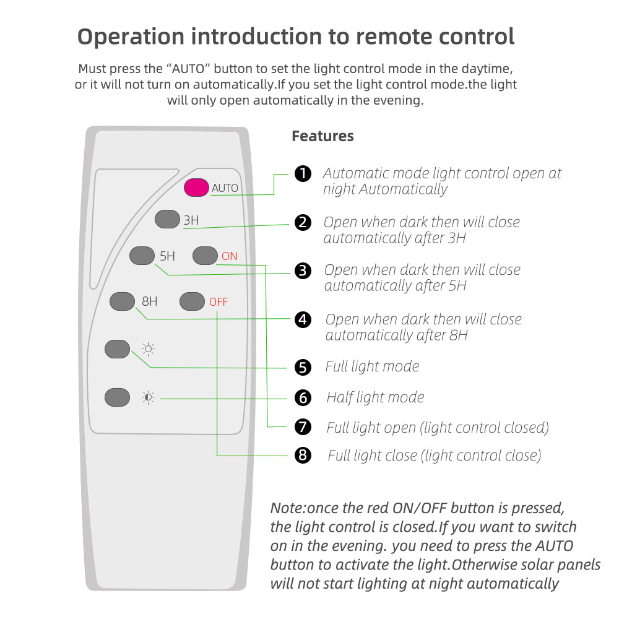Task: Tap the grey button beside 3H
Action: point(167,220)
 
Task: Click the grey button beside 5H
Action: point(142,256)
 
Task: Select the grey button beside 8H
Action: point(122,301)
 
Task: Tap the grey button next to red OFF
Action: point(192,301)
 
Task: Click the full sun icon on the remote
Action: point(149,350)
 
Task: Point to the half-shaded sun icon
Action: point(149,397)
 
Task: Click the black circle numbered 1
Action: point(303,174)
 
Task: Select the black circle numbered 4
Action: point(303,319)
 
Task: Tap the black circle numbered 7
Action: point(303,426)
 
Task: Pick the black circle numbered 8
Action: point(303,456)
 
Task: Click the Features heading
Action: point(322,136)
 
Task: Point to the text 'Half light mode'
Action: point(375,397)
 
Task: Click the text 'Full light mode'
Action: point(372,366)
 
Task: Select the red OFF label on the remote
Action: point(219,302)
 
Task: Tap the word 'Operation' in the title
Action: point(131,37)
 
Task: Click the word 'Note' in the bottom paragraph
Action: point(287,508)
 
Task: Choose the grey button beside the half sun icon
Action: point(118,397)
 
